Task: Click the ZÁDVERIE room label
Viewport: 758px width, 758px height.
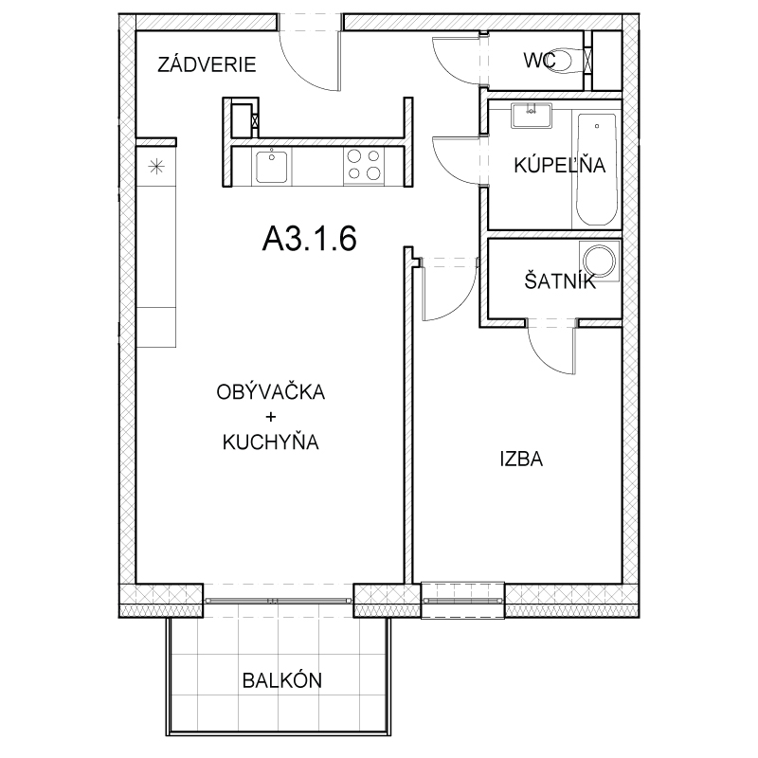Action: (207, 64)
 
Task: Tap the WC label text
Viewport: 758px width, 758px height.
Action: (539, 61)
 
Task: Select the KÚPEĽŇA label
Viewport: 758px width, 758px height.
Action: (559, 165)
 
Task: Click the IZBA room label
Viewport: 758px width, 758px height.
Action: (521, 460)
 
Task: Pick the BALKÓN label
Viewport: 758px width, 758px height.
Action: (281, 680)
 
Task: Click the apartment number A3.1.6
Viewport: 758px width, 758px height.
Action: (310, 239)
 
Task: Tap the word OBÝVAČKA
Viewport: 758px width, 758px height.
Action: (271, 391)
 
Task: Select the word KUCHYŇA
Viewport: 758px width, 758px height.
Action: (271, 442)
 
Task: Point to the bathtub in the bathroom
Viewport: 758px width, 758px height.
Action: (597, 170)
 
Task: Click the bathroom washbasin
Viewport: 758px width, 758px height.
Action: (532, 116)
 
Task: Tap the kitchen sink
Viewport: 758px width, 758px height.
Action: (272, 167)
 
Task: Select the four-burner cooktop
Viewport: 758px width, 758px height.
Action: (364, 165)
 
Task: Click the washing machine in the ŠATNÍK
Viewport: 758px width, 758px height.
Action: (601, 260)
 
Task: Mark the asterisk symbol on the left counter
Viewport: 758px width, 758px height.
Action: (156, 168)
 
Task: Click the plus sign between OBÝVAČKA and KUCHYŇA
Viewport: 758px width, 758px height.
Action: (271, 417)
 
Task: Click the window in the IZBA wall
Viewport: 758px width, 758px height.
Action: (462, 600)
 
